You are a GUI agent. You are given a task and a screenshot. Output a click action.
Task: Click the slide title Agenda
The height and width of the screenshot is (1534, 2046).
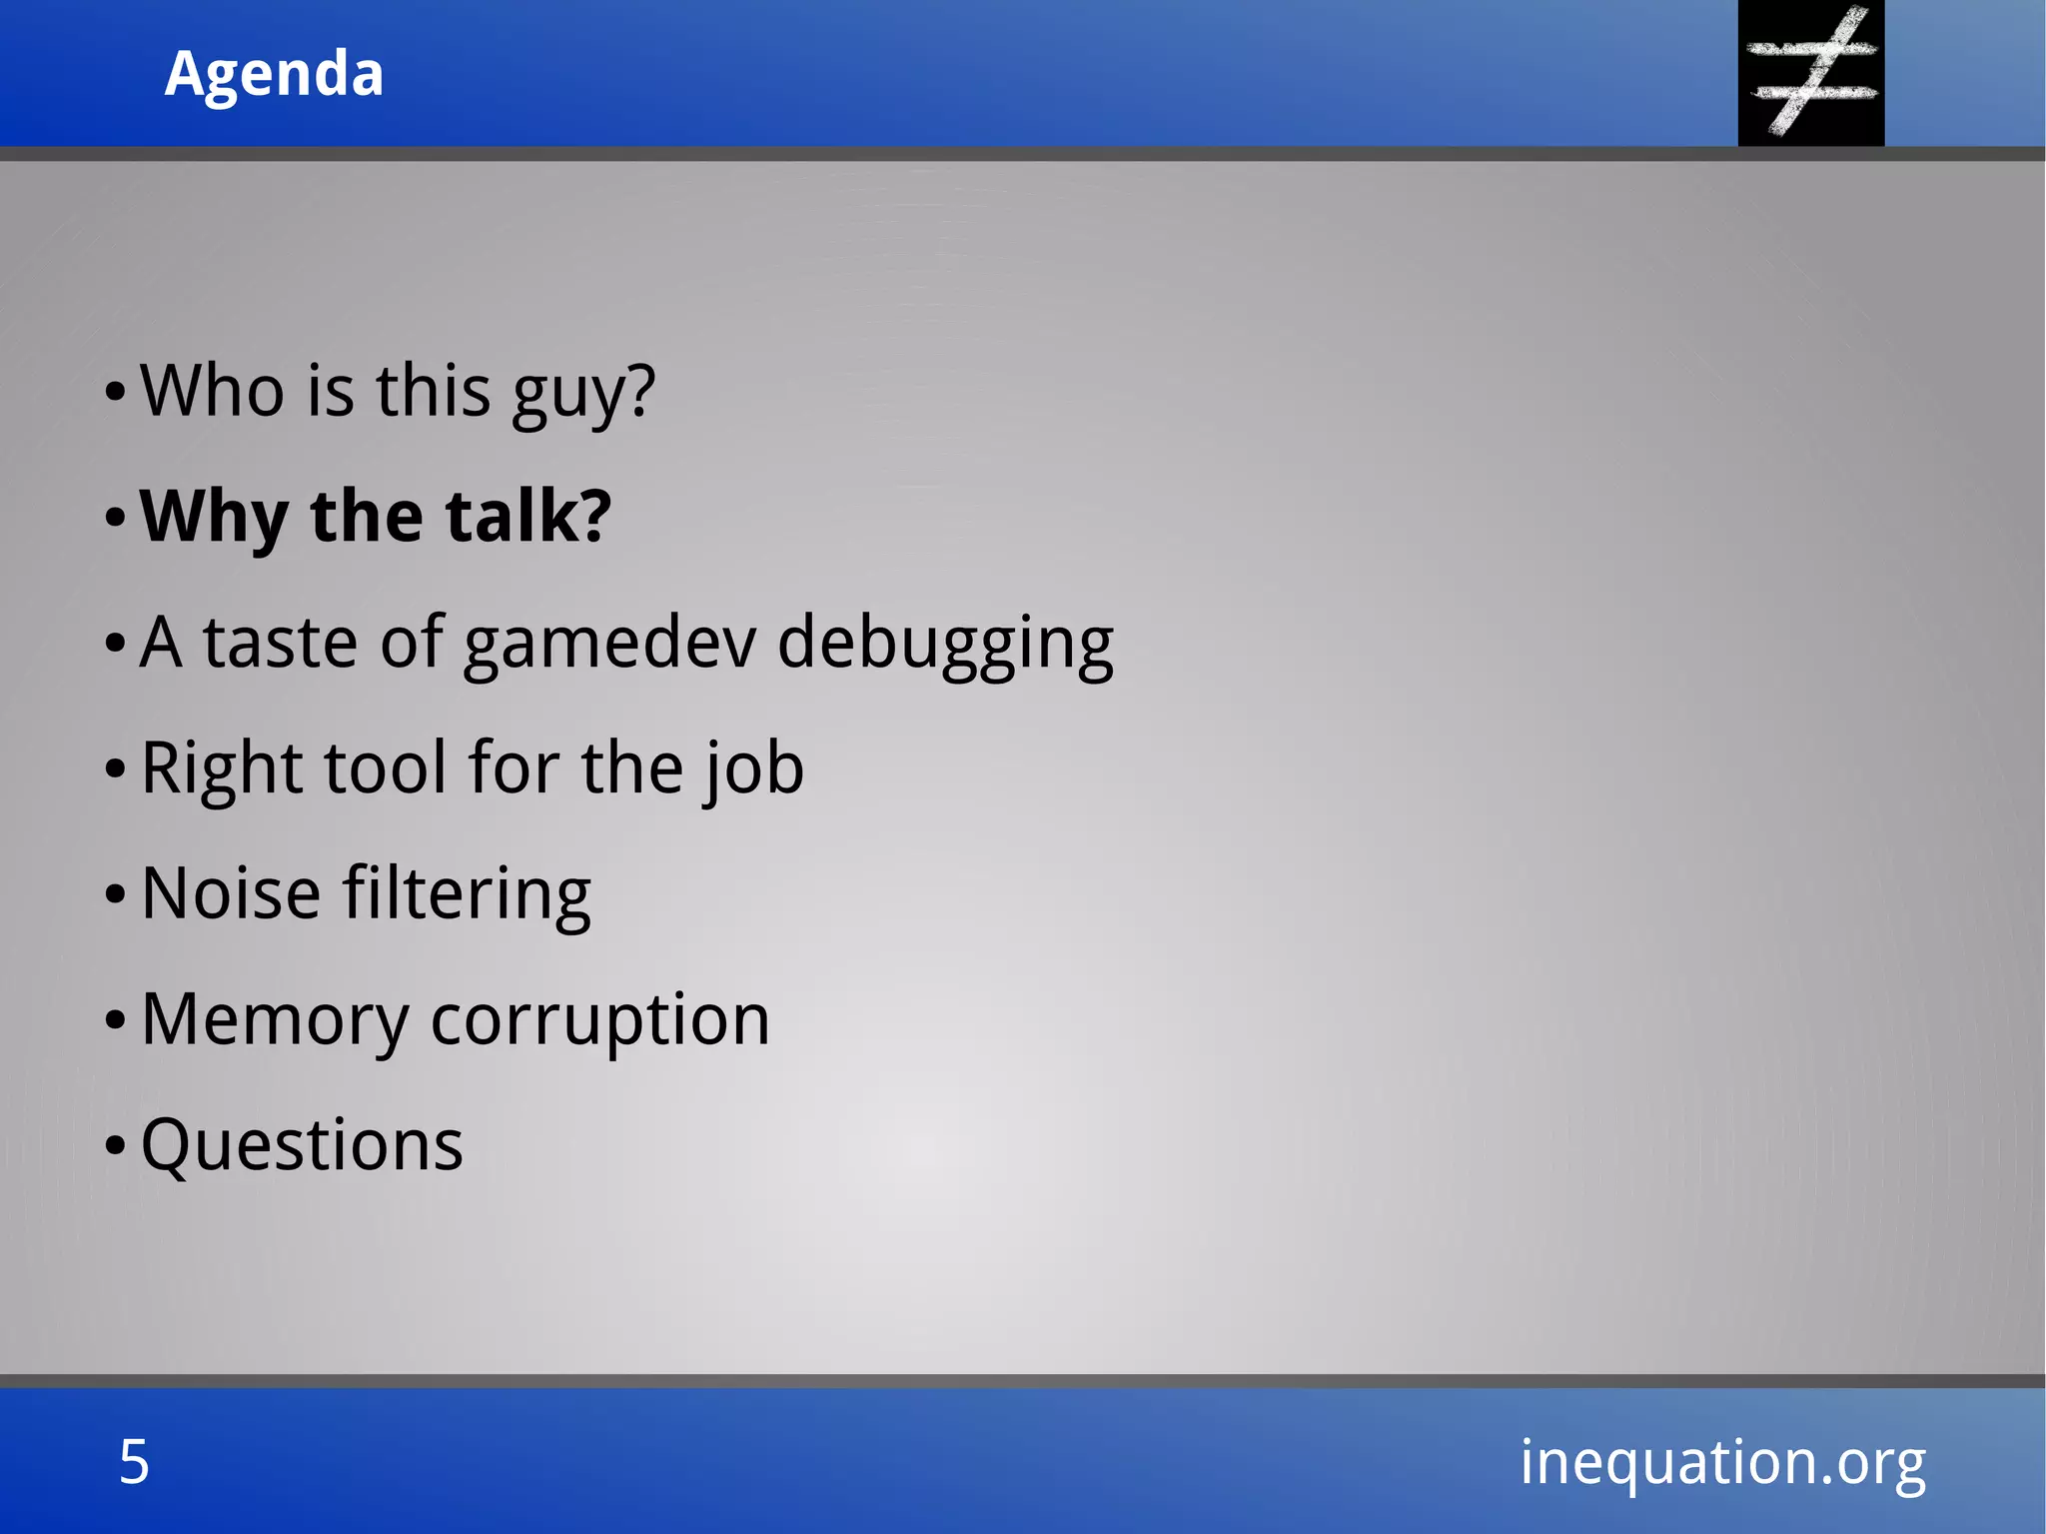point(274,74)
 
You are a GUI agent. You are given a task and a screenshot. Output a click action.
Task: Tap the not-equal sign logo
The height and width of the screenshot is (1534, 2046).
point(1810,72)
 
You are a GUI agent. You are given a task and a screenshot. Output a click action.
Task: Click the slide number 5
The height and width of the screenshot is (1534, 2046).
point(134,1462)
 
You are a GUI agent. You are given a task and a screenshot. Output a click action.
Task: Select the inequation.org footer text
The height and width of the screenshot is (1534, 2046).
point(1722,1462)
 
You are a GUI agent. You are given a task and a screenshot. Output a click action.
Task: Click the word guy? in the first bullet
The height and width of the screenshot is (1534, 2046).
point(583,392)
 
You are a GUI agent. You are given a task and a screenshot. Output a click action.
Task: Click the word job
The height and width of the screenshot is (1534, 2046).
point(753,769)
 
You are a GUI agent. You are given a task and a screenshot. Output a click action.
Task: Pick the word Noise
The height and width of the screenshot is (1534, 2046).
point(231,893)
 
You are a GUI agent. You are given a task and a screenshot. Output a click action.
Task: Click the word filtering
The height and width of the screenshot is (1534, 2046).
point(467,893)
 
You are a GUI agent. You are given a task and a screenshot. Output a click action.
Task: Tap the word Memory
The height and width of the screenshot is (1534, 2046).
point(275,1020)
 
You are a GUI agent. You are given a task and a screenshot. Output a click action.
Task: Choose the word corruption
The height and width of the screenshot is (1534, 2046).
point(599,1020)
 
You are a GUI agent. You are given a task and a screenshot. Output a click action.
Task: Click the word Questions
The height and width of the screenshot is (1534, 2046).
point(302,1145)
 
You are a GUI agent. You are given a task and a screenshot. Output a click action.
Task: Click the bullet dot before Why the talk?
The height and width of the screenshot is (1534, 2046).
point(115,519)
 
